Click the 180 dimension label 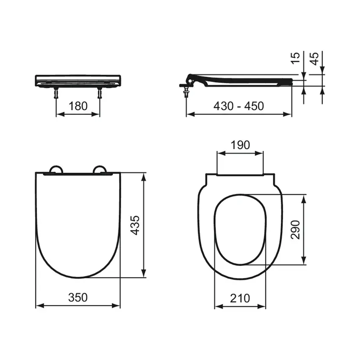pyautogui.click(x=78, y=106)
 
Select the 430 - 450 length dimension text pyautogui.click(x=238, y=106)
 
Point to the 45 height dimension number pyautogui.click(x=314, y=59)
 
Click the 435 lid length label pyautogui.click(x=135, y=225)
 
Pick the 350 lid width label pyautogui.click(x=78, y=297)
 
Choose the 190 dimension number pyautogui.click(x=240, y=145)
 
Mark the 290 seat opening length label pyautogui.click(x=295, y=230)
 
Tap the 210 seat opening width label pyautogui.click(x=240, y=298)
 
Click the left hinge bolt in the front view pyautogui.click(x=56, y=93)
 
